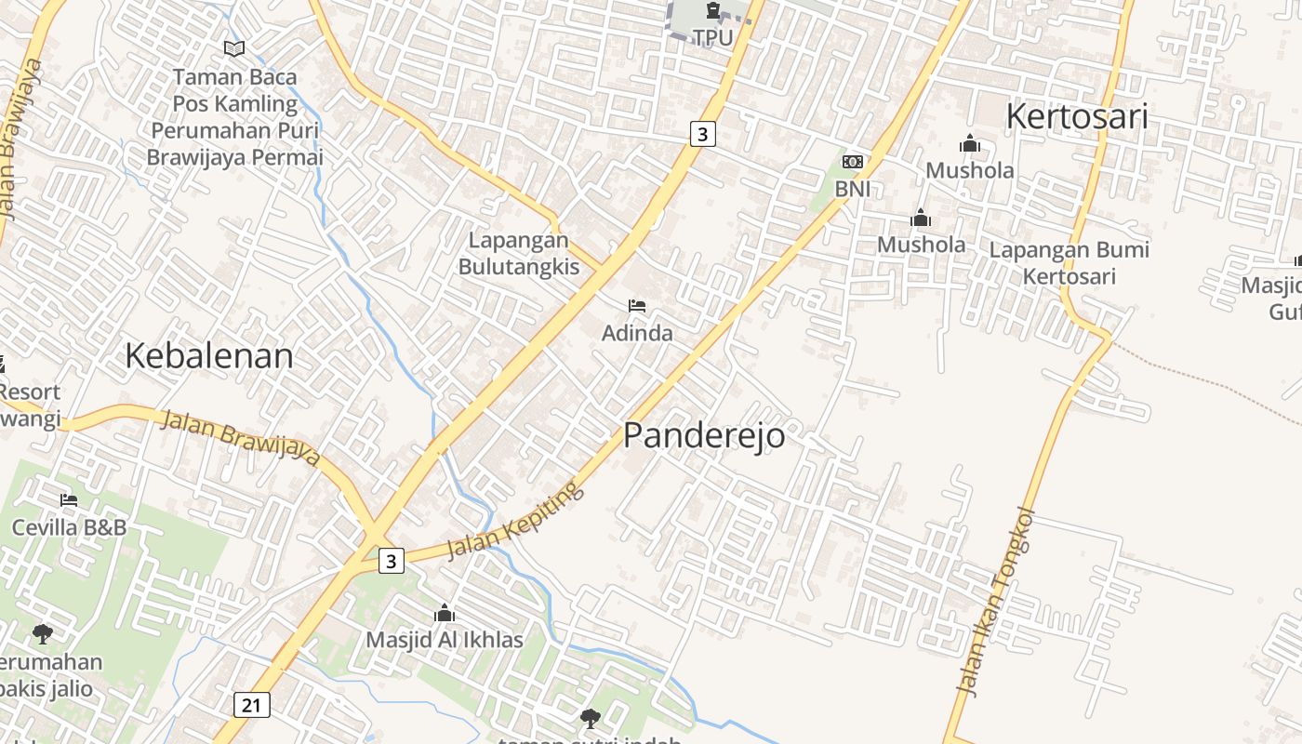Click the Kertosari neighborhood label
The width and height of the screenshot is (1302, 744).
tap(1076, 116)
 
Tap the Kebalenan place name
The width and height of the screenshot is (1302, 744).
tap(208, 355)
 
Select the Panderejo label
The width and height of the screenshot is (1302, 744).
tap(703, 434)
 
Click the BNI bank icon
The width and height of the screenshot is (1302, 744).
tap(852, 162)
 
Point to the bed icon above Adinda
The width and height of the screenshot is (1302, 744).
tap(637, 305)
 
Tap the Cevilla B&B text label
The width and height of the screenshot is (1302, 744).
tap(69, 527)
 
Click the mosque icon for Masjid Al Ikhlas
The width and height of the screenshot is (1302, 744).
tap(444, 613)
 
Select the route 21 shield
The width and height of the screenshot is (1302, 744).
tap(251, 705)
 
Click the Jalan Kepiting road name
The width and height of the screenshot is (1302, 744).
tap(515, 521)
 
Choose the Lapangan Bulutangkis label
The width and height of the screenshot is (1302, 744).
tap(518, 254)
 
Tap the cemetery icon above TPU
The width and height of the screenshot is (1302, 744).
tap(712, 11)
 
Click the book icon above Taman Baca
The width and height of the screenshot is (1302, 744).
tap(234, 48)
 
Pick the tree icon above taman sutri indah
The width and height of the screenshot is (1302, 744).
tap(590, 718)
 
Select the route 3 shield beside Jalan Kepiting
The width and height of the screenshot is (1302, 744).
tap(392, 561)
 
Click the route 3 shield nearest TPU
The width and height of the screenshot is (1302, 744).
tap(702, 134)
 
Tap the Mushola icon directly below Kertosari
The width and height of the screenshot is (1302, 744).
tap(970, 143)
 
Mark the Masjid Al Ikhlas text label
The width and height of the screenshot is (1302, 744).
tap(444, 640)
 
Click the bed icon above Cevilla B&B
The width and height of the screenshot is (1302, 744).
tap(69, 500)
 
